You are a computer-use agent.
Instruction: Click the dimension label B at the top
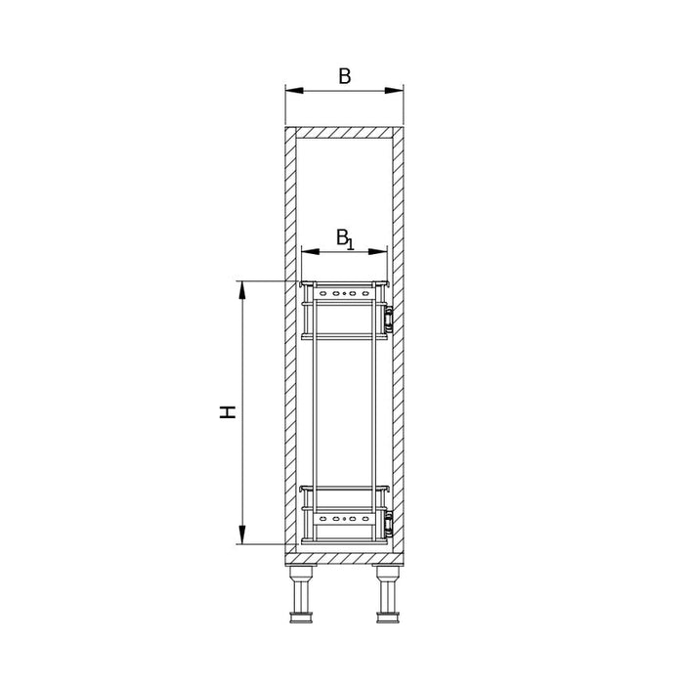point(345,76)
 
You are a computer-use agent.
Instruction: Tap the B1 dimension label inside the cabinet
point(345,239)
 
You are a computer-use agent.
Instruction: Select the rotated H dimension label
point(228,412)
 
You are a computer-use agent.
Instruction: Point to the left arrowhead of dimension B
point(294,90)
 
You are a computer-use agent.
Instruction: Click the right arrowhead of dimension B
point(395,90)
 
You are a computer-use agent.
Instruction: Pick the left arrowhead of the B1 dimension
point(310,252)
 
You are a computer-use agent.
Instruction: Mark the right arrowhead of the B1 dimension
point(378,252)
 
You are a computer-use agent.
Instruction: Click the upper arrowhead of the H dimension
point(242,290)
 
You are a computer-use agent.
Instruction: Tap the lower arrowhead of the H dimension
point(242,535)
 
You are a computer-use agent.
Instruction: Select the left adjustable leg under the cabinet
point(301,594)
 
